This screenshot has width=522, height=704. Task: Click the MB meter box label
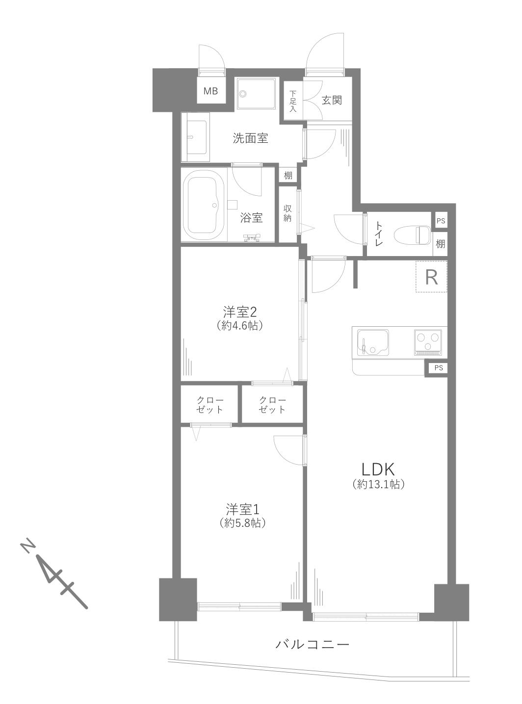click(210, 91)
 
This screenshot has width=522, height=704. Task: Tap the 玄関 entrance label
click(332, 100)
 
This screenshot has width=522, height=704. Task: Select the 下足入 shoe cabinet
click(293, 101)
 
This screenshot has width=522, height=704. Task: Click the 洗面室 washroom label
click(250, 138)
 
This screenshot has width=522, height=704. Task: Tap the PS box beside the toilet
click(441, 221)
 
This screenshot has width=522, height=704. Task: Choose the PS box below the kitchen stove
click(439, 368)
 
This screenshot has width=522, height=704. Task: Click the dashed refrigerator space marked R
click(431, 277)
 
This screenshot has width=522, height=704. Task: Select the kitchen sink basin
click(373, 343)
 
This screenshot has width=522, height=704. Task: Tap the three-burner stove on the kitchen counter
click(428, 342)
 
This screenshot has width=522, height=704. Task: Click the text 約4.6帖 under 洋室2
click(240, 326)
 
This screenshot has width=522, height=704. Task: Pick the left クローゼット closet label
click(210, 405)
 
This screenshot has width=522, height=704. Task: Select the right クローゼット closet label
click(272, 405)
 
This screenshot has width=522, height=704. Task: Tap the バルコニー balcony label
click(312, 644)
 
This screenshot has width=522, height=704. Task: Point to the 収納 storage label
click(287, 213)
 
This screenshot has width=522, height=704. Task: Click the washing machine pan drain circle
click(243, 94)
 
